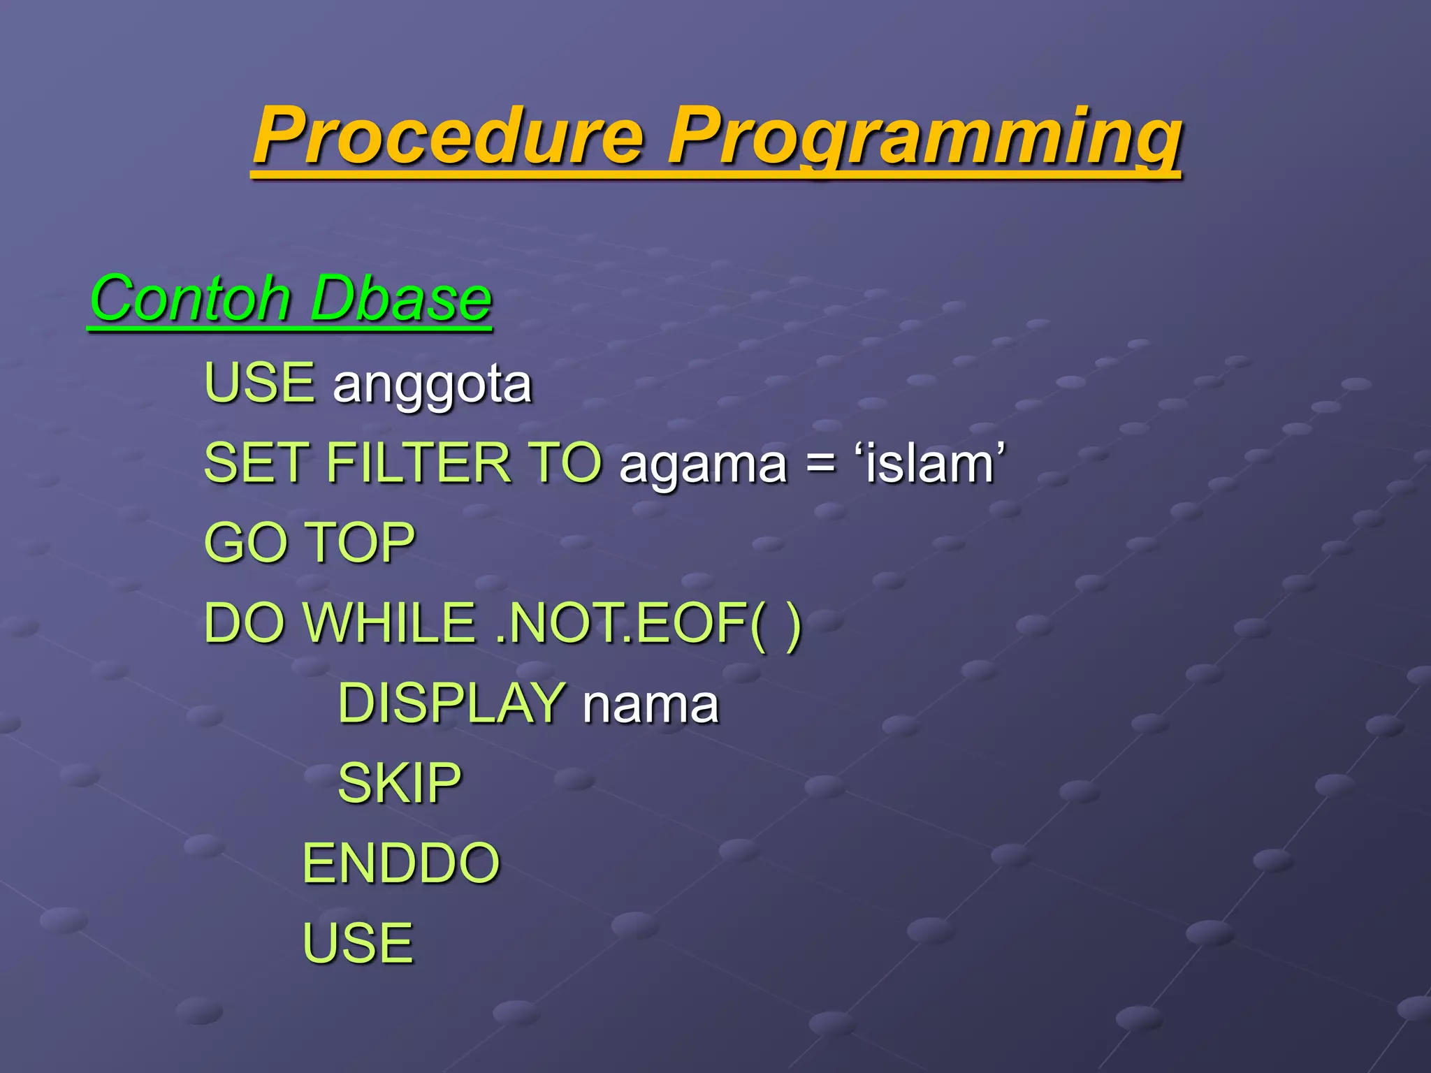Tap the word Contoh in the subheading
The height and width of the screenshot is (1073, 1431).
tap(190, 299)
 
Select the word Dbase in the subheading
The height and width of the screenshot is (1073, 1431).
tap(401, 299)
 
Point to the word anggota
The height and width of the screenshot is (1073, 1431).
tap(433, 386)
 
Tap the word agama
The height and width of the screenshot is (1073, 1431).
tap(703, 467)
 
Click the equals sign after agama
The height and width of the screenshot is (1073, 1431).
tap(820, 464)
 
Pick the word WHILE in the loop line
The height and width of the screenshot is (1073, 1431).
tap(389, 622)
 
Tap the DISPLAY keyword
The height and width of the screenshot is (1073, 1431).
tap(451, 703)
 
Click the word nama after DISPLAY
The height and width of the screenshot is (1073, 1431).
tap(651, 706)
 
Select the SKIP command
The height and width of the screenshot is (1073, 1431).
tap(400, 783)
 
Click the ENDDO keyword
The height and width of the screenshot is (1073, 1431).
tap(401, 863)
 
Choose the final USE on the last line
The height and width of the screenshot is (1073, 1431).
tap(358, 943)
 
